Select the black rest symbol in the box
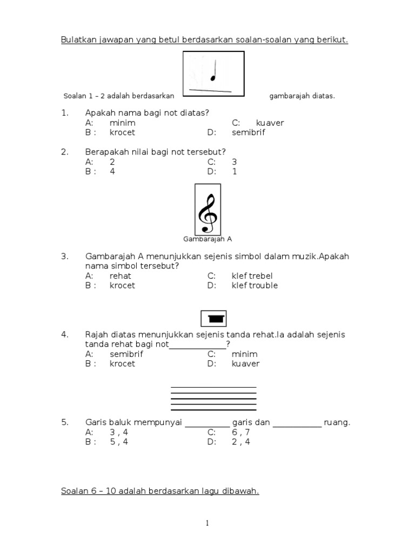[214, 319]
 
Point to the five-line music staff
[213, 399]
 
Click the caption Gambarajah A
[207, 238]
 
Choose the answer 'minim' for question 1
[122, 123]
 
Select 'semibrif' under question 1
[249, 132]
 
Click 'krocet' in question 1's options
[122, 132]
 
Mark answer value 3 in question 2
[234, 161]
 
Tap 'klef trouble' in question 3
[255, 285]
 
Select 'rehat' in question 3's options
[121, 275]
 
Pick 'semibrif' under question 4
[126, 354]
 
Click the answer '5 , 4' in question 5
[119, 441]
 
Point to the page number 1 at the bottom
[207, 523]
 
